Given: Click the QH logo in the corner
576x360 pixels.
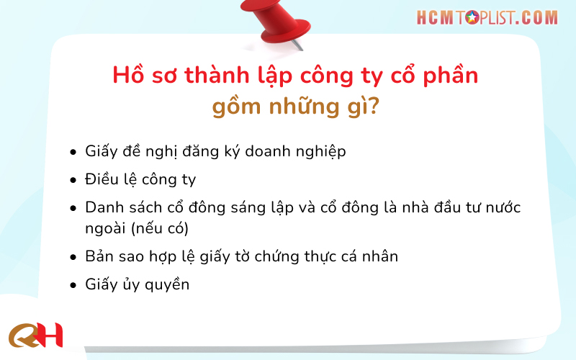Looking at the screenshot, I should coord(36,335).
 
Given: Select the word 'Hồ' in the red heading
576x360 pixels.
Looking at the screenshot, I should coord(127,76).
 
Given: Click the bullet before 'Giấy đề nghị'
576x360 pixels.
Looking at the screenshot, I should coord(73,153).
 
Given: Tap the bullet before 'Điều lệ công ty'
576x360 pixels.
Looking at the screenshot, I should coord(73,180).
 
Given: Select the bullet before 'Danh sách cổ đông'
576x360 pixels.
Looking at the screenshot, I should coord(73,208).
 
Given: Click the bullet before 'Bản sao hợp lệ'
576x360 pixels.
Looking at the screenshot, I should coord(73,257).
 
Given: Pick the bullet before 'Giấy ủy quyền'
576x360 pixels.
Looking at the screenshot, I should coord(73,285).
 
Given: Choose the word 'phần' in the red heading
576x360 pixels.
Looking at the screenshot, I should coord(448,76).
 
